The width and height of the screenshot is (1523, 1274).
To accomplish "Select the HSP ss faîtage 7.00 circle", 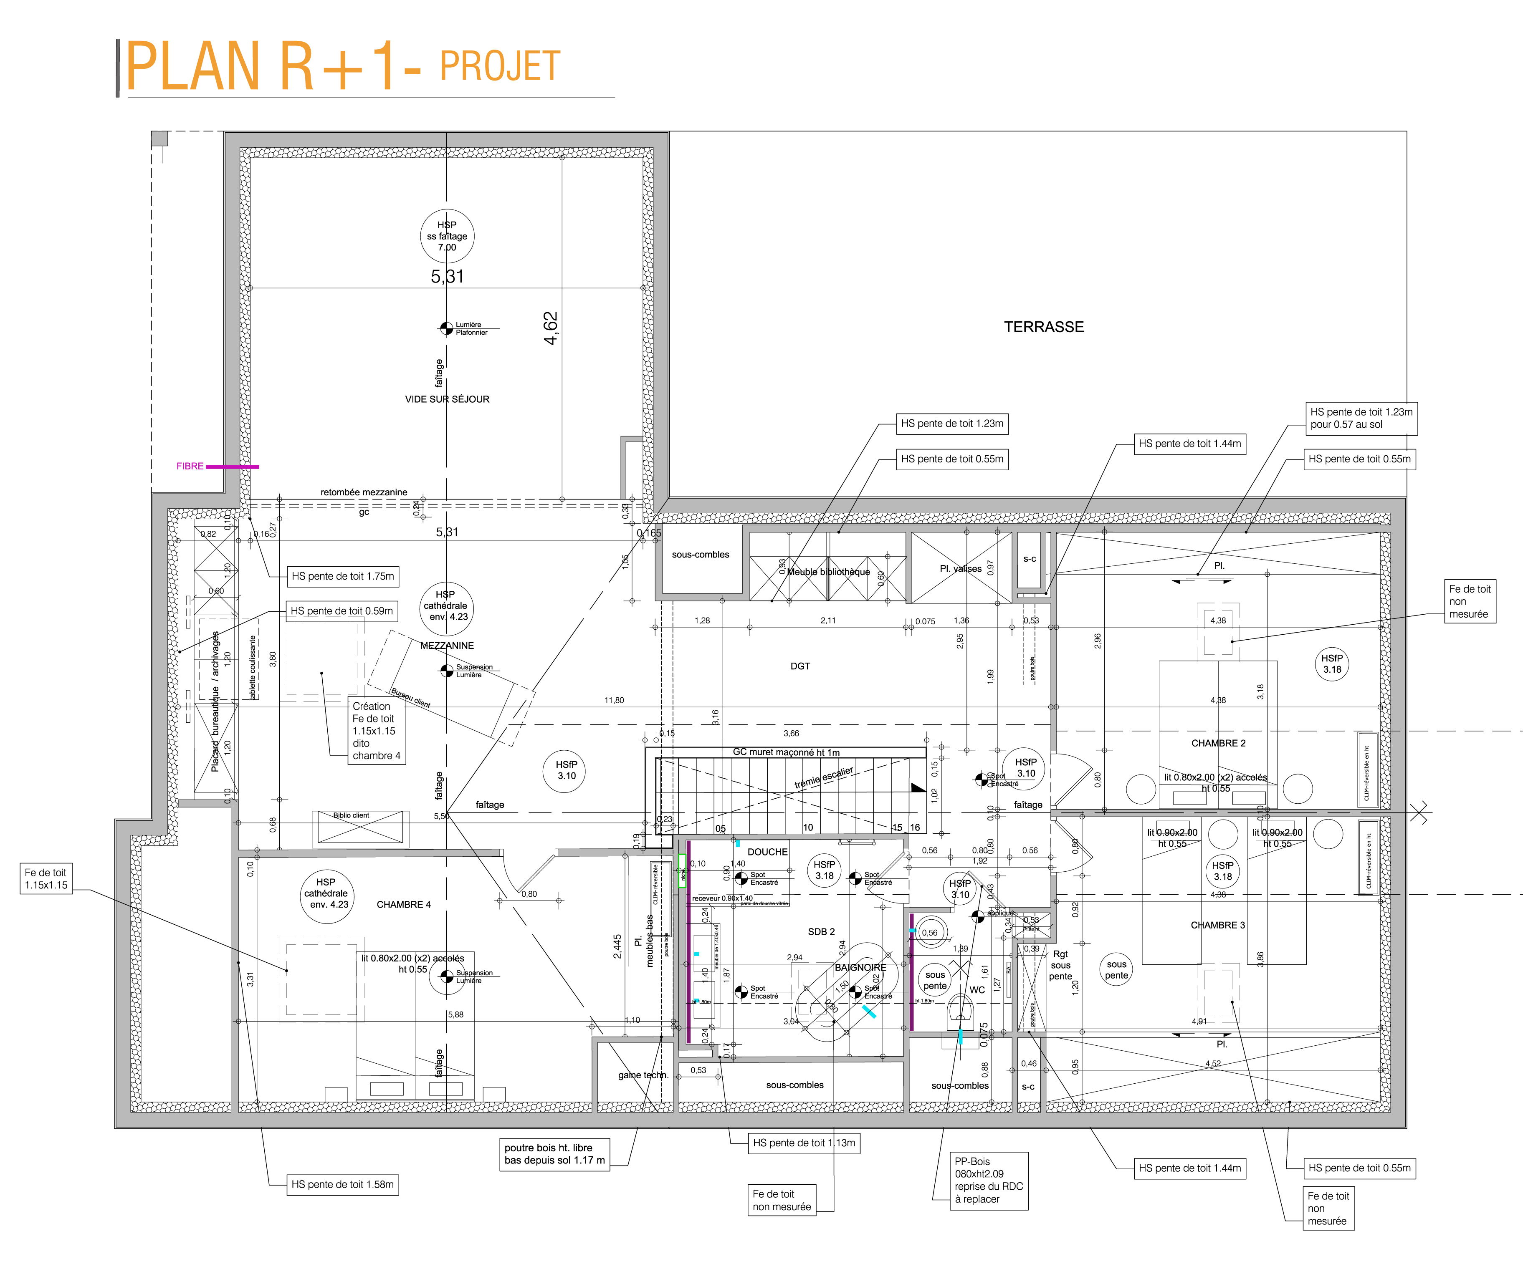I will point(447,236).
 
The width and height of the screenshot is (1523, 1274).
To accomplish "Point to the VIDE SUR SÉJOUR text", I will point(447,399).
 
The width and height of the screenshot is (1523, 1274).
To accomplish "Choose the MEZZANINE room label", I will point(447,645).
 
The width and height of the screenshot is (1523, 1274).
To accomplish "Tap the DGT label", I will point(800,666).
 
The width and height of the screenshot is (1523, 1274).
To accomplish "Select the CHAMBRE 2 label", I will point(1218,743).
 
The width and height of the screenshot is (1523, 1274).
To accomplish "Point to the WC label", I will point(977,990).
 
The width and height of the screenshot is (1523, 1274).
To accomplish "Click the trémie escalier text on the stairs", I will point(824,778).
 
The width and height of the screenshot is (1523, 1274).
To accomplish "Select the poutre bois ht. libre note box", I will point(554,1154).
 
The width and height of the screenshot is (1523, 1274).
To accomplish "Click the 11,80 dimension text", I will point(614,701).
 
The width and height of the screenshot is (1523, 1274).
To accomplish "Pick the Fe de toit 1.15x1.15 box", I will point(46,879).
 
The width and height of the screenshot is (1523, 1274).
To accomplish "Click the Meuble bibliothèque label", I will point(828,572).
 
